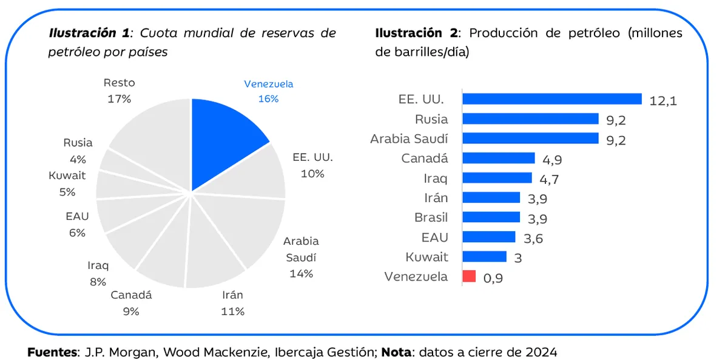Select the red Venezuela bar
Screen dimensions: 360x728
point(469,277)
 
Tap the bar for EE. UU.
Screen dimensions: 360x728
point(551,99)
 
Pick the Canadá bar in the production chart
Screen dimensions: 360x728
point(498,158)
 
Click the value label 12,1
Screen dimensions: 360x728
point(662,101)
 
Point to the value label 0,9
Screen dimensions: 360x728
point(493,278)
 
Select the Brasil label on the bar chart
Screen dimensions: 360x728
point(431,217)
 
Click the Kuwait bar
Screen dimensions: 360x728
point(484,257)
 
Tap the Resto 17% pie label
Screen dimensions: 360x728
point(119,90)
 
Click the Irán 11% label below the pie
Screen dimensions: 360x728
point(232,303)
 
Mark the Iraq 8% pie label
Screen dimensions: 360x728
point(97,273)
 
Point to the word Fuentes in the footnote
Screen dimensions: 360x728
point(52,352)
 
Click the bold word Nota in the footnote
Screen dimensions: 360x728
point(396,352)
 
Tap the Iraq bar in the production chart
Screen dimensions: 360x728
point(497,178)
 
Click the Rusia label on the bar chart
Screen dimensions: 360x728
point(431,119)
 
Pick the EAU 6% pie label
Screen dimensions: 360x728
point(77,225)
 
